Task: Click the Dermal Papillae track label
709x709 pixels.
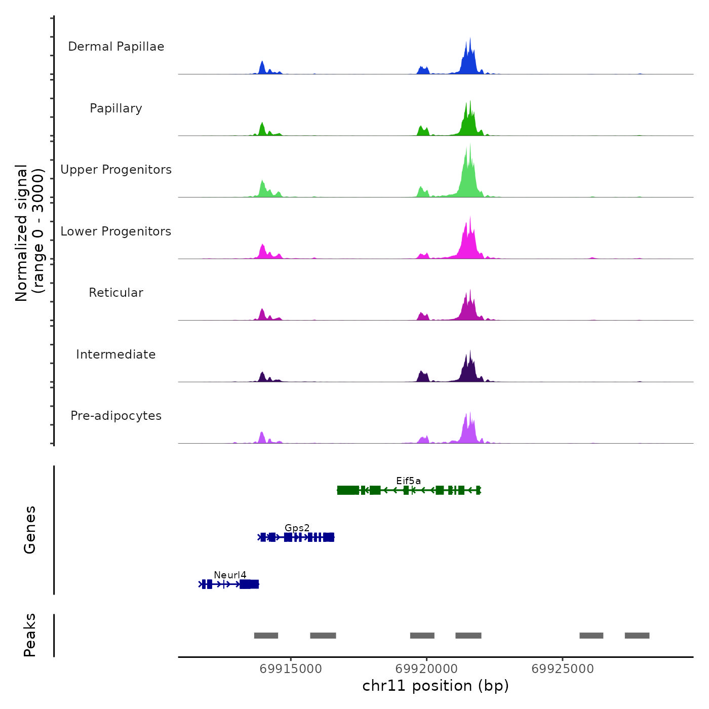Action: pyautogui.click(x=116, y=47)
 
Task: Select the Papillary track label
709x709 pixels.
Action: pyautogui.click(x=116, y=108)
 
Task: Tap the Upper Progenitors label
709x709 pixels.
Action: pyautogui.click(x=116, y=170)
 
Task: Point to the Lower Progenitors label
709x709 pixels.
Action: pyautogui.click(x=116, y=231)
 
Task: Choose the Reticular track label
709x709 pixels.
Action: pyautogui.click(x=116, y=293)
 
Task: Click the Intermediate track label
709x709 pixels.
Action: pyautogui.click(x=116, y=354)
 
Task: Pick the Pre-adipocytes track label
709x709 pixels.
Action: pyautogui.click(x=116, y=416)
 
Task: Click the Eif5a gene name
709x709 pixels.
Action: pyautogui.click(x=408, y=481)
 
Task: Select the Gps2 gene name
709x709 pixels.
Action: pyautogui.click(x=297, y=528)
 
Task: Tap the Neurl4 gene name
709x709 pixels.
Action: pyautogui.click(x=230, y=575)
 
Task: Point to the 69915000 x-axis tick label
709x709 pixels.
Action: pyautogui.click(x=291, y=669)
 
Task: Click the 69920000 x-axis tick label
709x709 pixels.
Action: pyautogui.click(x=426, y=669)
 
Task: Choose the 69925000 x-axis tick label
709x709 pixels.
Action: pyautogui.click(x=562, y=669)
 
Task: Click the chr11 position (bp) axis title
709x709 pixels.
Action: pyautogui.click(x=436, y=686)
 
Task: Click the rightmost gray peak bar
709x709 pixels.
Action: pyautogui.click(x=637, y=636)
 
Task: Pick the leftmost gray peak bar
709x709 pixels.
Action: pyautogui.click(x=266, y=636)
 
